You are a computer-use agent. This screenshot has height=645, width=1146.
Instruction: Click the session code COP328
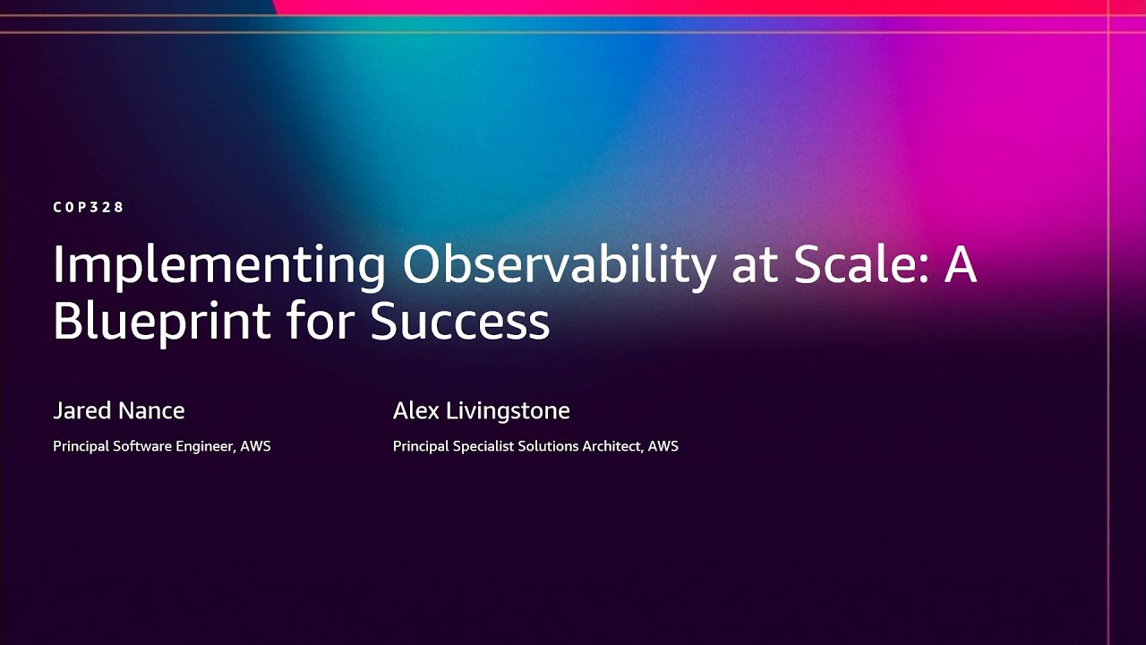point(89,207)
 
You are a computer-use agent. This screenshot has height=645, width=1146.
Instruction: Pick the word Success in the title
point(460,322)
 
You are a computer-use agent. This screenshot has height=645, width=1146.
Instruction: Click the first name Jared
point(81,411)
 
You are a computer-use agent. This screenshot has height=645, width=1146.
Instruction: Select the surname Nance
point(151,411)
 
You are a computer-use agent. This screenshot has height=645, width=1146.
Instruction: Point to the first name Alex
point(415,411)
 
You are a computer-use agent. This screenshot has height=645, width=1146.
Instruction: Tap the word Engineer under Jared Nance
point(207,446)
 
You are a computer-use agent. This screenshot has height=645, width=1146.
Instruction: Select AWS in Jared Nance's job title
point(256,446)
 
